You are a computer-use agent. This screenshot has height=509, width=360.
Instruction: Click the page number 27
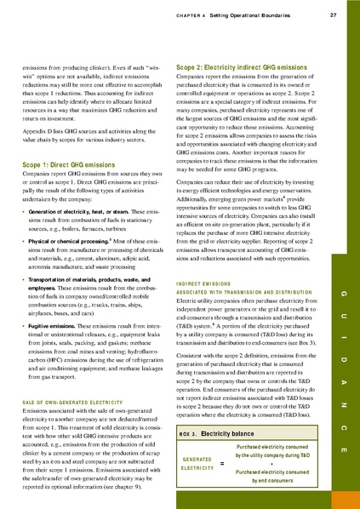[334, 14]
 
